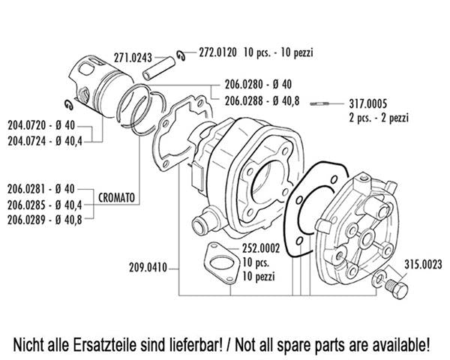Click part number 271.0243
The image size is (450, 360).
[133, 58]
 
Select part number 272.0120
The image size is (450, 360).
[218, 52]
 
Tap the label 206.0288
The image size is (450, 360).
[244, 100]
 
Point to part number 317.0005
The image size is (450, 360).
[368, 103]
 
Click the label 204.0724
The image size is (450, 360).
[27, 141]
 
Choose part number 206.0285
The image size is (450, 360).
[26, 205]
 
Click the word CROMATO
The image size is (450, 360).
[116, 197]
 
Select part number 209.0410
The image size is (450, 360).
[148, 268]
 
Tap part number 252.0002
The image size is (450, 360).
[261, 248]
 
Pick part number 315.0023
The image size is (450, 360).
[423, 265]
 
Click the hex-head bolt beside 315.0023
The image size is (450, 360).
[397, 288]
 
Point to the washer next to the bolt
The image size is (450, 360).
[378, 278]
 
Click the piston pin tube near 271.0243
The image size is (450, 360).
[159, 68]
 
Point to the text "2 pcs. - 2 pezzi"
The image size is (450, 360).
[379, 118]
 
